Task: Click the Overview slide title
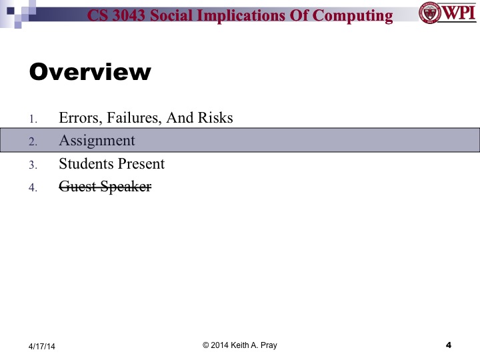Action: pos(90,72)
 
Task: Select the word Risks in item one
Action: pos(215,118)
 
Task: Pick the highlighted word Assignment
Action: pos(97,141)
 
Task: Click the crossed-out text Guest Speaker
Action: pos(105,187)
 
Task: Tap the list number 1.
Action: pos(33,119)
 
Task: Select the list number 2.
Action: pos(33,142)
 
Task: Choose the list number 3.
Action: pos(33,165)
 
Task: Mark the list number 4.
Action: pos(33,188)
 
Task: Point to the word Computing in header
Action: pos(353,15)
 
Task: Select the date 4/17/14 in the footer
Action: pos(41,346)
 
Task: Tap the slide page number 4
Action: pos(448,345)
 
